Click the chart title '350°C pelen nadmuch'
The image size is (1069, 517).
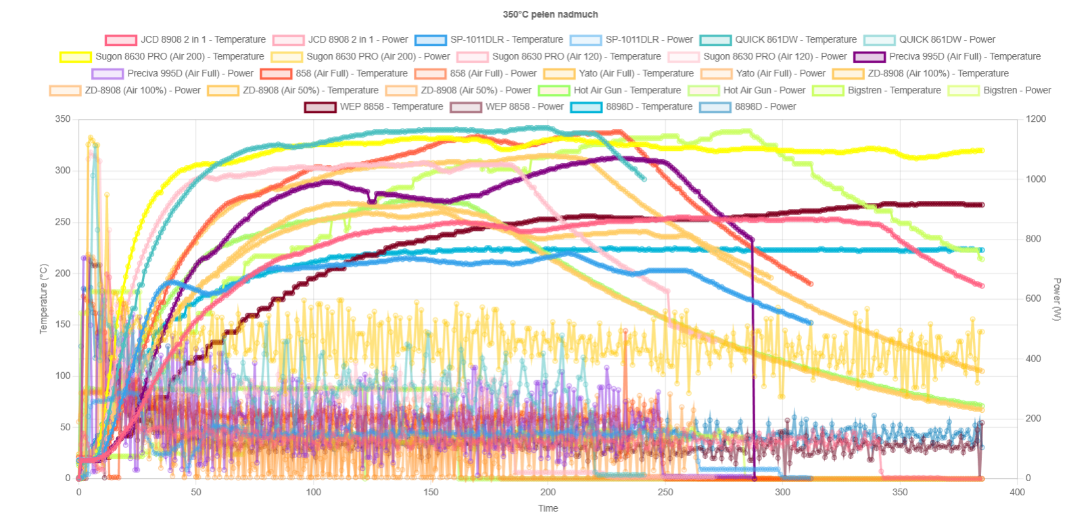(x=550, y=14)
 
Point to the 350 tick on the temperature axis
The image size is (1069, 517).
(x=63, y=119)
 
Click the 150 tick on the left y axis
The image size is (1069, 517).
(x=63, y=324)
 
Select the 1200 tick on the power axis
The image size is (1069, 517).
(x=1035, y=119)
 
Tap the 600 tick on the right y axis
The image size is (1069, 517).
(x=1033, y=298)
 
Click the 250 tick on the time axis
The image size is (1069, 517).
(x=665, y=492)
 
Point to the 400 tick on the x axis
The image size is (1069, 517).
(x=1017, y=492)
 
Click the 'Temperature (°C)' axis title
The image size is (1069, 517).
(x=44, y=298)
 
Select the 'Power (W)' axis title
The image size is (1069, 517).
(x=1057, y=298)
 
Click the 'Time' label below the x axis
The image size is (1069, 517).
(x=548, y=508)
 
